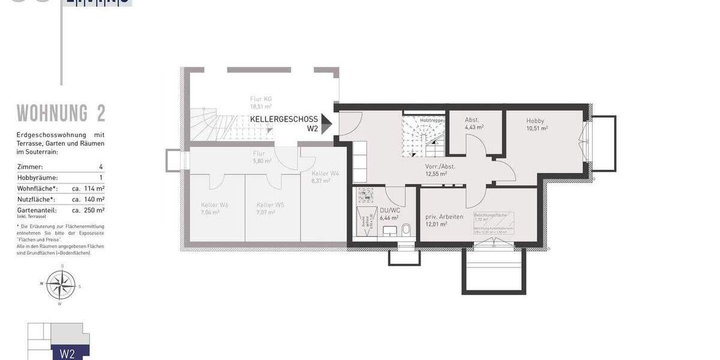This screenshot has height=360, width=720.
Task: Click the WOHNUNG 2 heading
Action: pos(61,113)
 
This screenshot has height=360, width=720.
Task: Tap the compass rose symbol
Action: pos(61,284)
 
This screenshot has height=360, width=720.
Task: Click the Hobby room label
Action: pos(535,121)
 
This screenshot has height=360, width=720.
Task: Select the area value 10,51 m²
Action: pos(537,128)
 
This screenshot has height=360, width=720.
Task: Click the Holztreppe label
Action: pos(431,121)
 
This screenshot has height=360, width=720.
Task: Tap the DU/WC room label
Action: pos(389,211)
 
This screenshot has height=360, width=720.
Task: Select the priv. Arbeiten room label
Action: pos(444,217)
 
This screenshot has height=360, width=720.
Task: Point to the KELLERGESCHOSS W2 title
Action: pos(284,124)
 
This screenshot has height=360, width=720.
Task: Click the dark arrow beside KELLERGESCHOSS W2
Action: pos(326,124)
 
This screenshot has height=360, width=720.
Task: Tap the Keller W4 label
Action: pos(325,173)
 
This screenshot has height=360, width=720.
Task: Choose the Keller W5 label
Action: pos(270,205)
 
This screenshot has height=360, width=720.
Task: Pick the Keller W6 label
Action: pos(214,205)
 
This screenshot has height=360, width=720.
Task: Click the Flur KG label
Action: pos(262,99)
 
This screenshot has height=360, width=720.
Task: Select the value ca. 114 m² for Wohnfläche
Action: pos(88,189)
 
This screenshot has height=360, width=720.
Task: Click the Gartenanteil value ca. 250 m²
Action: pos(88,210)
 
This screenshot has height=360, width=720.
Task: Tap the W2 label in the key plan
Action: pos(67,353)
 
